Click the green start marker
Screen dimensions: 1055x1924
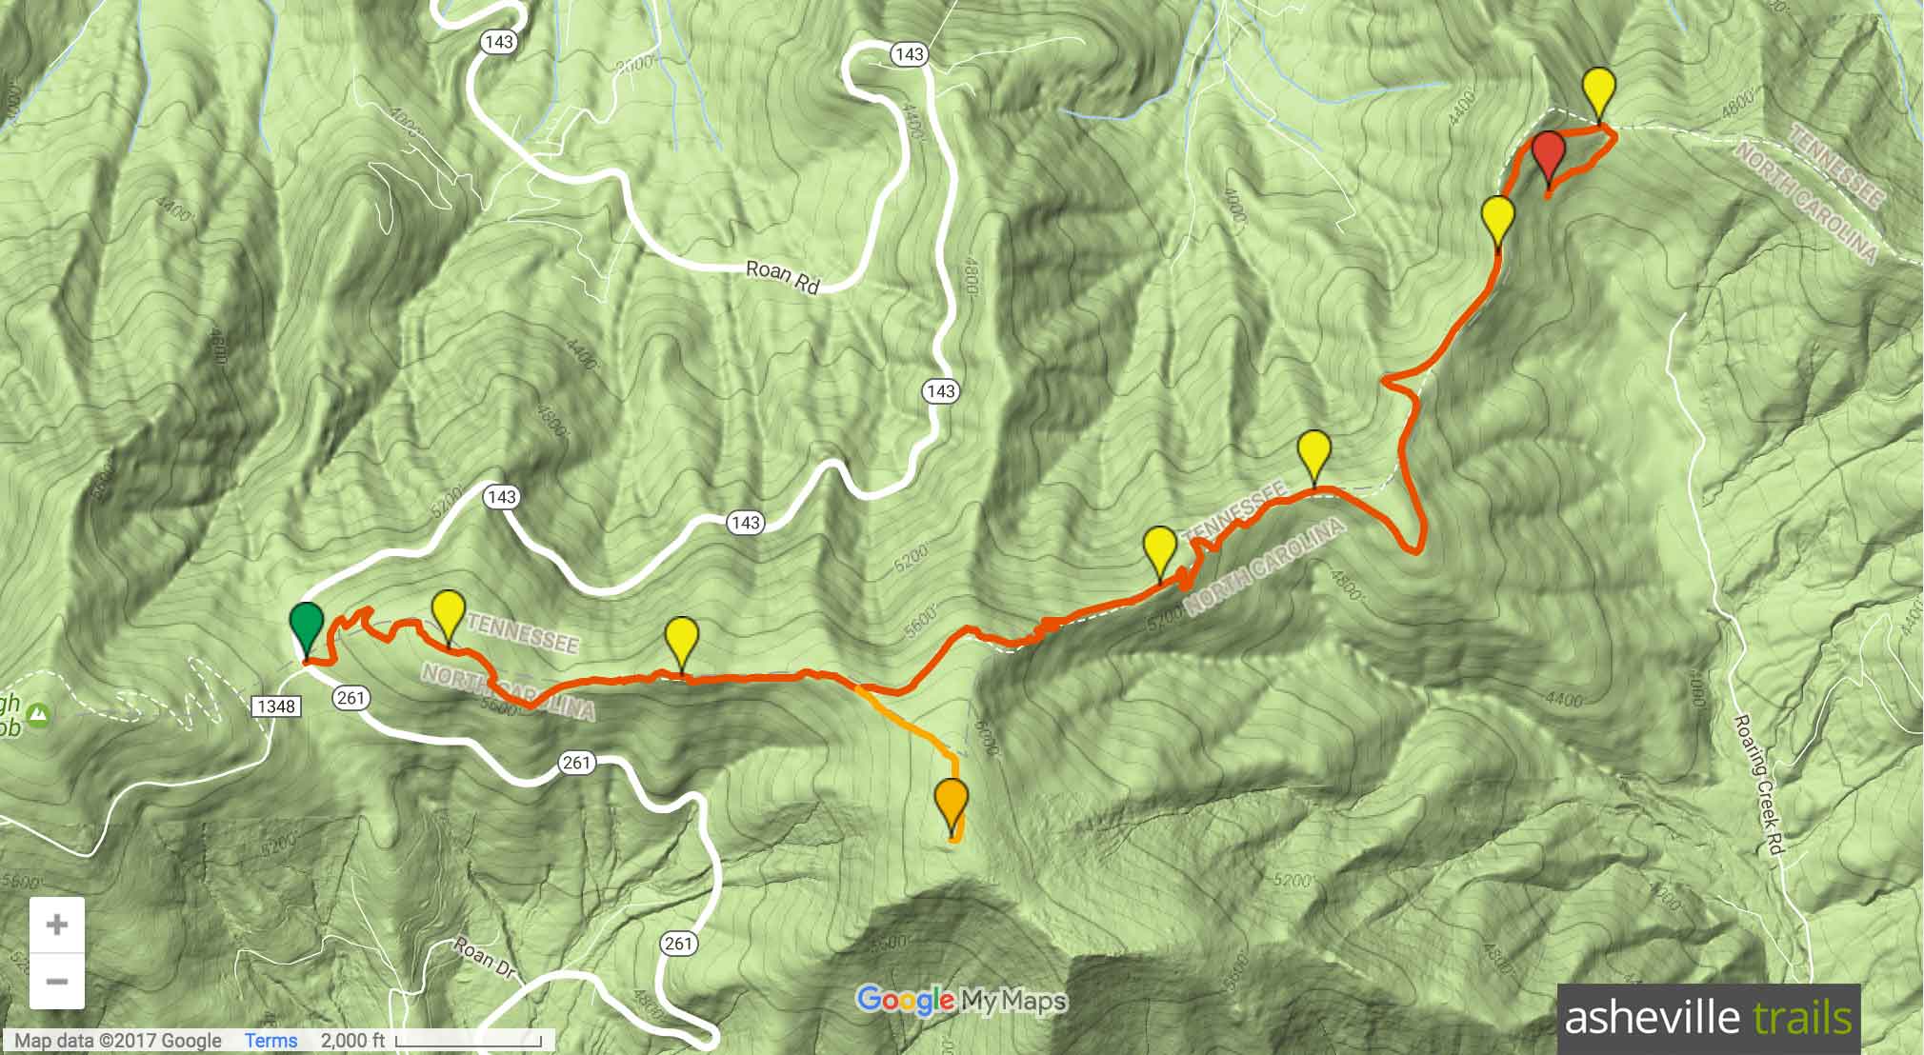click(x=306, y=626)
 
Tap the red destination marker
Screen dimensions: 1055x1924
click(x=1549, y=155)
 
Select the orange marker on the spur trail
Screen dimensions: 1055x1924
click(x=952, y=803)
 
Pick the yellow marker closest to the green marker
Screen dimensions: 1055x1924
click(x=448, y=614)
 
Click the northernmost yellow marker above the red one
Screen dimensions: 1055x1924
click(x=1599, y=91)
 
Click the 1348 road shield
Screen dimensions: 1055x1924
click(x=276, y=706)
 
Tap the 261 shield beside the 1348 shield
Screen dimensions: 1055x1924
click(x=351, y=698)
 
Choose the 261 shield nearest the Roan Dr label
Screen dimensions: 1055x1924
click(x=678, y=944)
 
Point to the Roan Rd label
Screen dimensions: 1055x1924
click(x=782, y=276)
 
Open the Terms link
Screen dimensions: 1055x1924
click(x=271, y=1041)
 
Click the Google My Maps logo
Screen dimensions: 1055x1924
click(x=961, y=1001)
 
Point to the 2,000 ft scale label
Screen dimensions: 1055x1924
click(x=352, y=1041)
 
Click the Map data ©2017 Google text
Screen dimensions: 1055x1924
click(x=118, y=1041)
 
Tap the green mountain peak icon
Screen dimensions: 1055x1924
click(x=38, y=713)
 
